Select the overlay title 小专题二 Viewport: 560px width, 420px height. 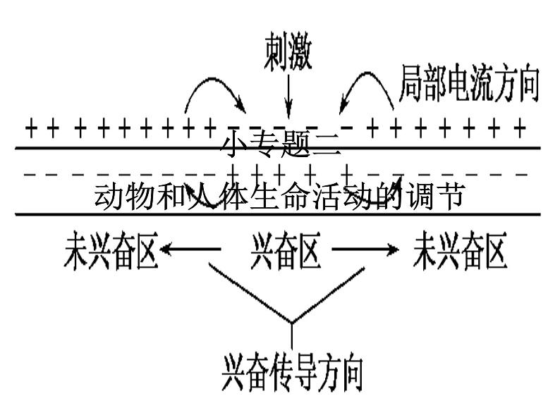click(281, 146)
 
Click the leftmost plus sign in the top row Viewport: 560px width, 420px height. click(30, 128)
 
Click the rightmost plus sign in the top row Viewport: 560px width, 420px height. click(520, 128)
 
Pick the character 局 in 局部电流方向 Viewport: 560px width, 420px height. click(411, 83)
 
